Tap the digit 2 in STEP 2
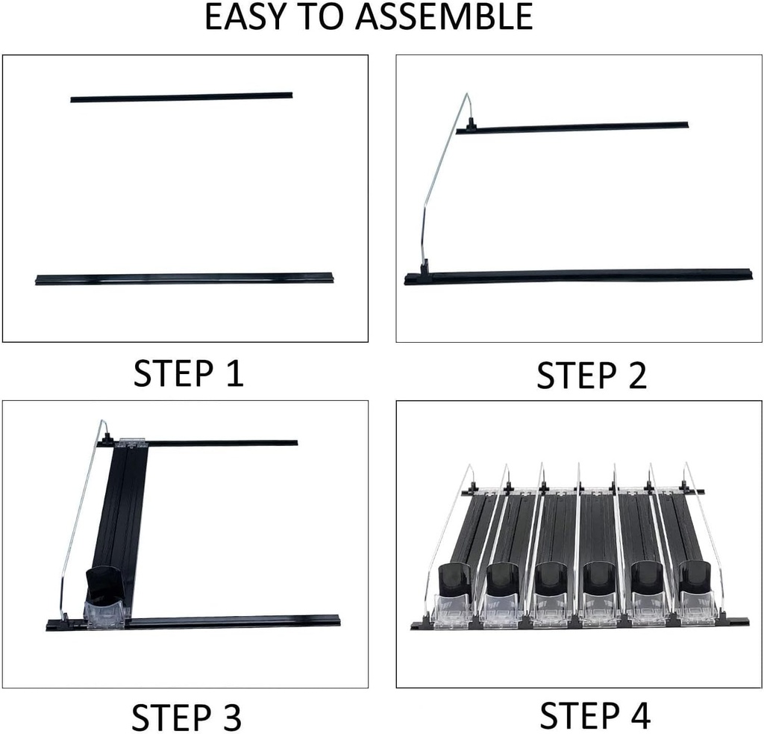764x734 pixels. pos(636,375)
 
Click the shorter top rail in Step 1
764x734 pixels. pos(181,97)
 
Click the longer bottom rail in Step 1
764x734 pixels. pos(186,279)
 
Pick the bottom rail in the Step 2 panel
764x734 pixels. pos(578,276)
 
